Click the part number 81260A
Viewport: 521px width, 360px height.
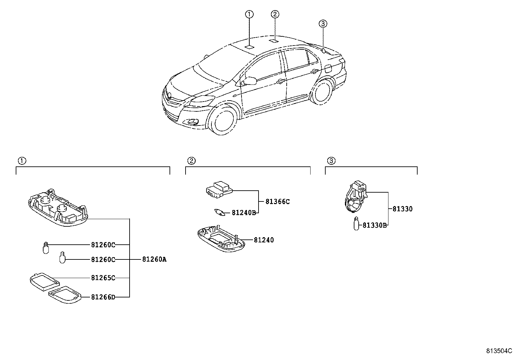pos(154,259)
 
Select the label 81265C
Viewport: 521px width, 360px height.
pos(103,278)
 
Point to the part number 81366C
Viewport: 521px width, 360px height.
pos(278,202)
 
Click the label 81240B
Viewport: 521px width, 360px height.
pos(243,213)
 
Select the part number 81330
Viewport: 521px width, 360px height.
pos(403,209)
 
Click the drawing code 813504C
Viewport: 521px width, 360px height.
pos(499,351)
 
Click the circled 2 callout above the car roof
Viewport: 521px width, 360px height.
pos(275,14)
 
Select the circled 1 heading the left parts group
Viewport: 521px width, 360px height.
pos(22,161)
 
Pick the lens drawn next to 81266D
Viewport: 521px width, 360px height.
pos(64,296)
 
